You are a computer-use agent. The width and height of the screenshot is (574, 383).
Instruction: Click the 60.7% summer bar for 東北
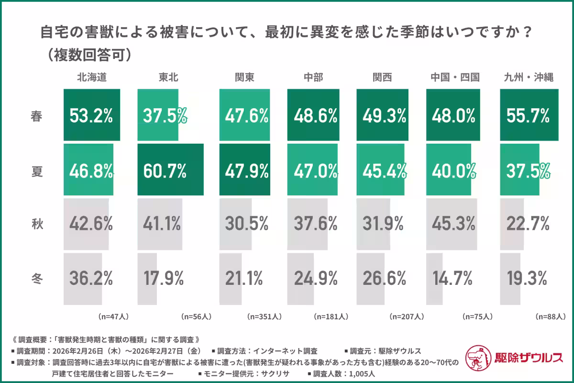click(x=170, y=169)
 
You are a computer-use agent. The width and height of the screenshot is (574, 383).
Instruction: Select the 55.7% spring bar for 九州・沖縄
click(x=529, y=115)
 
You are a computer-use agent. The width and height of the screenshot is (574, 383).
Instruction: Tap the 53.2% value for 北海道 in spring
click(x=91, y=115)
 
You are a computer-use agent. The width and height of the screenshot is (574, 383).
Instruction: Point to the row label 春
click(x=36, y=115)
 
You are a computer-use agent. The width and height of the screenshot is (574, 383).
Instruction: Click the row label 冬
click(x=36, y=278)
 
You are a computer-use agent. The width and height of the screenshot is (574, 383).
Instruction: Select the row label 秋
click(x=36, y=223)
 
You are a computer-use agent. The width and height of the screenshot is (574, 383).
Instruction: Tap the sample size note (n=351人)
click(x=264, y=316)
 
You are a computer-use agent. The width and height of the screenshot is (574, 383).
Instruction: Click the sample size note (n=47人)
click(x=113, y=316)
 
